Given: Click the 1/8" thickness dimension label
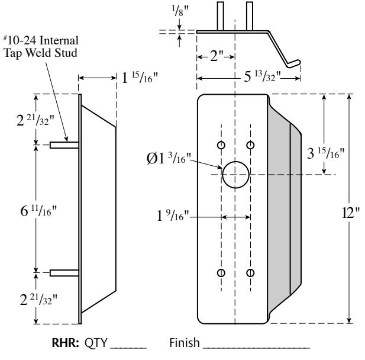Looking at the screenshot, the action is [180, 11].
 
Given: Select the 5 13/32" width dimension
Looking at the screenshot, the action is [262, 76].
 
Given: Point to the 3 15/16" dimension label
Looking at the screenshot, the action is [325, 153].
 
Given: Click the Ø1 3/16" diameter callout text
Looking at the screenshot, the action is [169, 159].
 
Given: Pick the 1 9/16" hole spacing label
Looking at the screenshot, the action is [173, 216].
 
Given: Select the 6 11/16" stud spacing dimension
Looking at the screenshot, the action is [38, 211].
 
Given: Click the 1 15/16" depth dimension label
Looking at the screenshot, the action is [140, 78].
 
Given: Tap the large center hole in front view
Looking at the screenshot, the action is [235, 175].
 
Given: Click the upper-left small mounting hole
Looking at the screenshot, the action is [221, 145].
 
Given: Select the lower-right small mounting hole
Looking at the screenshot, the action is [250, 272].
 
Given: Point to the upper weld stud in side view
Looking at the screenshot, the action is [64, 145].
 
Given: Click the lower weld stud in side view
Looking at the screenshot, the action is [64, 273].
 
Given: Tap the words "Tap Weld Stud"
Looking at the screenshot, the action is [40, 53].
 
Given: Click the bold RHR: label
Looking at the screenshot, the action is [66, 342].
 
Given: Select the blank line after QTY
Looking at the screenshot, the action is [128, 348].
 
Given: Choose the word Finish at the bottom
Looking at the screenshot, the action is [185, 342].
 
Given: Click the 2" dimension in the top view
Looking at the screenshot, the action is [217, 56].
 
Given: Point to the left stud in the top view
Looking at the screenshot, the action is [221, 16].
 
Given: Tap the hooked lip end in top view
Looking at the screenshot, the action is [294, 63].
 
